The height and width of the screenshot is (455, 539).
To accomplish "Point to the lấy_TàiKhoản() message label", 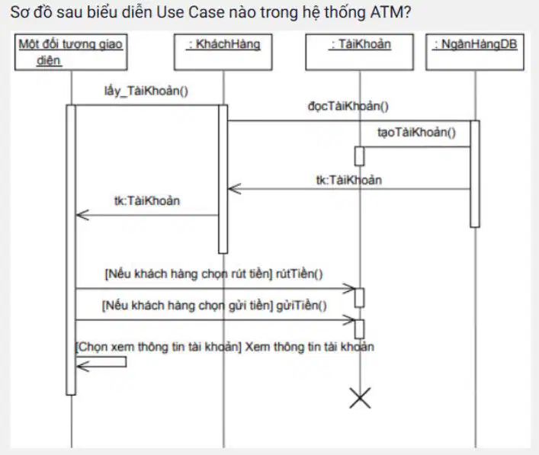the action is pyautogui.click(x=146, y=91).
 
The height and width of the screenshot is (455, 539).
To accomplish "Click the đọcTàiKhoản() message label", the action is pyautogui.click(x=348, y=106).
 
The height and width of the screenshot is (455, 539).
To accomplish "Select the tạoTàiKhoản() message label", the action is pyautogui.click(x=416, y=133).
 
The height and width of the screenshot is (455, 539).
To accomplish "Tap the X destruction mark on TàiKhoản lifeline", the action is pyautogui.click(x=360, y=398).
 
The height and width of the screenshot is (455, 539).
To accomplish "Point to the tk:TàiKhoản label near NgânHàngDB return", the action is pyautogui.click(x=349, y=180).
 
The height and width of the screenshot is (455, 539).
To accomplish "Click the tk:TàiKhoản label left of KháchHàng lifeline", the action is pyautogui.click(x=147, y=200).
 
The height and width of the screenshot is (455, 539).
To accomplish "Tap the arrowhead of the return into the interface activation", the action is pyautogui.click(x=82, y=215).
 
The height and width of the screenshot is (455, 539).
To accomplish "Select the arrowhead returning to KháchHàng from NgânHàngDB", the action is pyautogui.click(x=235, y=189).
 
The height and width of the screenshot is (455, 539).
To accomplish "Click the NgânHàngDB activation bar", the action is pyautogui.click(x=475, y=174).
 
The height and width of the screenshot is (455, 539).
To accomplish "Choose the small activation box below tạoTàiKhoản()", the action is pyautogui.click(x=360, y=156).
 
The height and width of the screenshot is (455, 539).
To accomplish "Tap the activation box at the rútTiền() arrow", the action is pyautogui.click(x=360, y=297).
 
